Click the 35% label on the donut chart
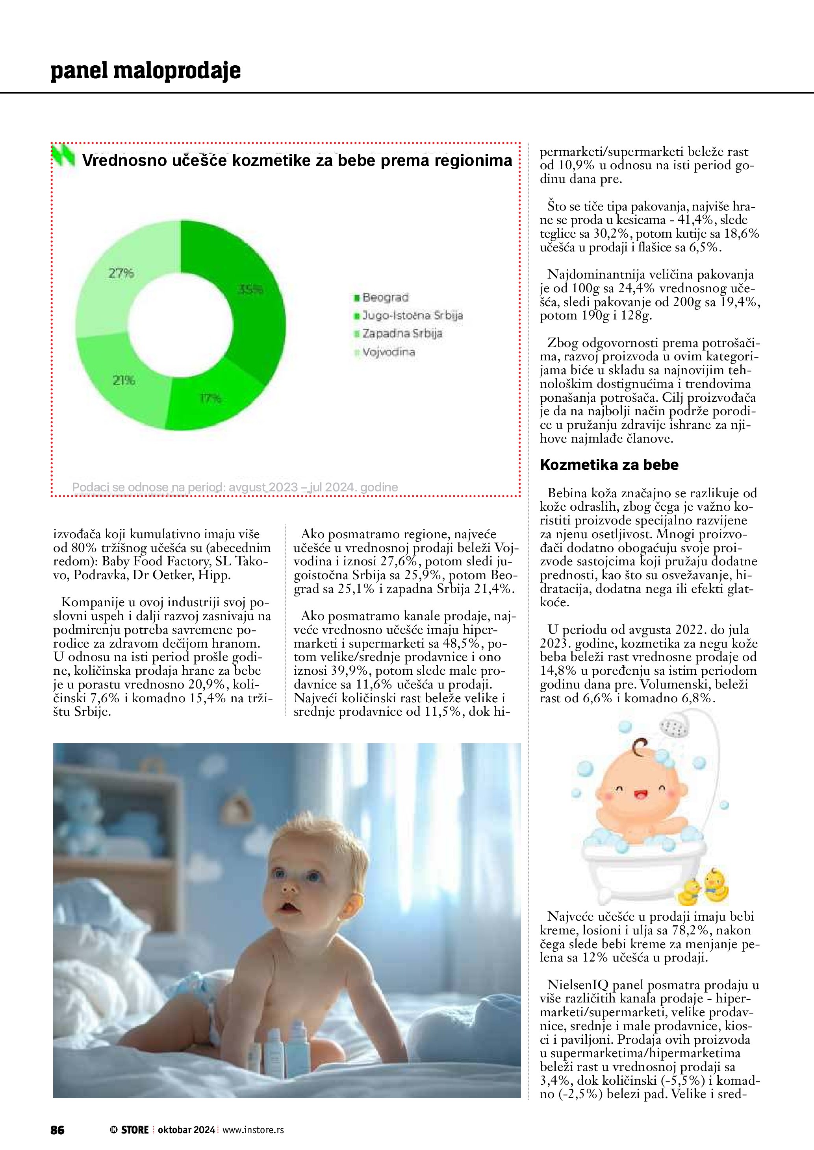pyautogui.click(x=250, y=289)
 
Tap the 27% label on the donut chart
pyautogui.click(x=121, y=273)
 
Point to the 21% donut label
pyautogui.click(x=123, y=381)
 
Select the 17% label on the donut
pyautogui.click(x=211, y=398)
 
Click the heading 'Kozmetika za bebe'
pyautogui.click(x=609, y=465)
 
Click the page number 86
pyautogui.click(x=57, y=1130)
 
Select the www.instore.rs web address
pyautogui.click(x=253, y=1130)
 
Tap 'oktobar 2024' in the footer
pyautogui.click(x=186, y=1130)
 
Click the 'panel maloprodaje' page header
pyautogui.click(x=146, y=71)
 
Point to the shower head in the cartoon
pyautogui.click(x=675, y=728)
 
